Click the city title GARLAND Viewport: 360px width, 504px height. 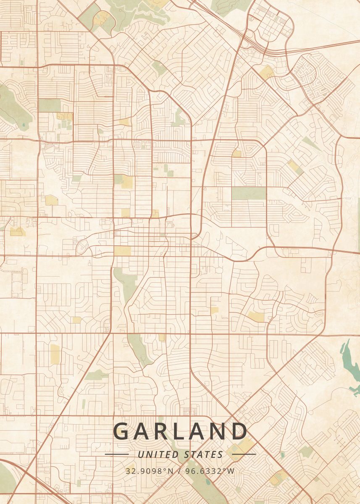click(x=180, y=431)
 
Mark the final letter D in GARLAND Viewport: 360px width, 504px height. click(x=239, y=431)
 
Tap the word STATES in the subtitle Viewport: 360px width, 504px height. click(x=204, y=454)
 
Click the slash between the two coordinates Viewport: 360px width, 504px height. click(x=179, y=471)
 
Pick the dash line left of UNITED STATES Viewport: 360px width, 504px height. click(x=116, y=454)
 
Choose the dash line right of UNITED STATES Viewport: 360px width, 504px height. click(x=244, y=454)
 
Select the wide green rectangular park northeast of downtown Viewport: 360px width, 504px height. click(x=249, y=193)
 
